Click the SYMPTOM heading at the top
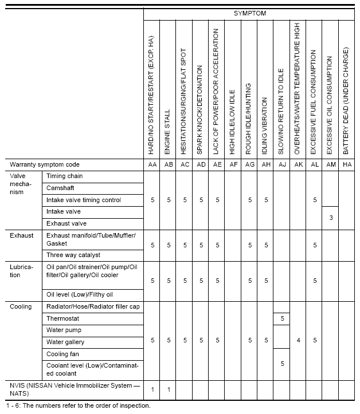pyautogui.click(x=250, y=13)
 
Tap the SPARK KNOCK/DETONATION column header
pyautogui.click(x=201, y=109)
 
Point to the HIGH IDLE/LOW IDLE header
pyautogui.click(x=233, y=123)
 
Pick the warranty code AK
pyautogui.click(x=298, y=164)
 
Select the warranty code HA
pyautogui.click(x=346, y=164)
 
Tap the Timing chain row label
pyautogui.click(x=64, y=176)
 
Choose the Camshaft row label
pyautogui.click(x=60, y=188)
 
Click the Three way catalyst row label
pyautogui.click(x=73, y=255)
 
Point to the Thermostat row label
pyautogui.click(x=62, y=318)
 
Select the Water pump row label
pyautogui.click(x=64, y=330)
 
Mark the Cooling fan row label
pyautogui.click(x=63, y=354)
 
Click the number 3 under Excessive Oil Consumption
pyautogui.click(x=330, y=218)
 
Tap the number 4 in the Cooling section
pyautogui.click(x=298, y=340)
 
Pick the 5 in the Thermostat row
pyautogui.click(x=282, y=318)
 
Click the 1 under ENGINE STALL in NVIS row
pyautogui.click(x=169, y=389)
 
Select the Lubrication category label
pyautogui.click(x=22, y=271)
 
